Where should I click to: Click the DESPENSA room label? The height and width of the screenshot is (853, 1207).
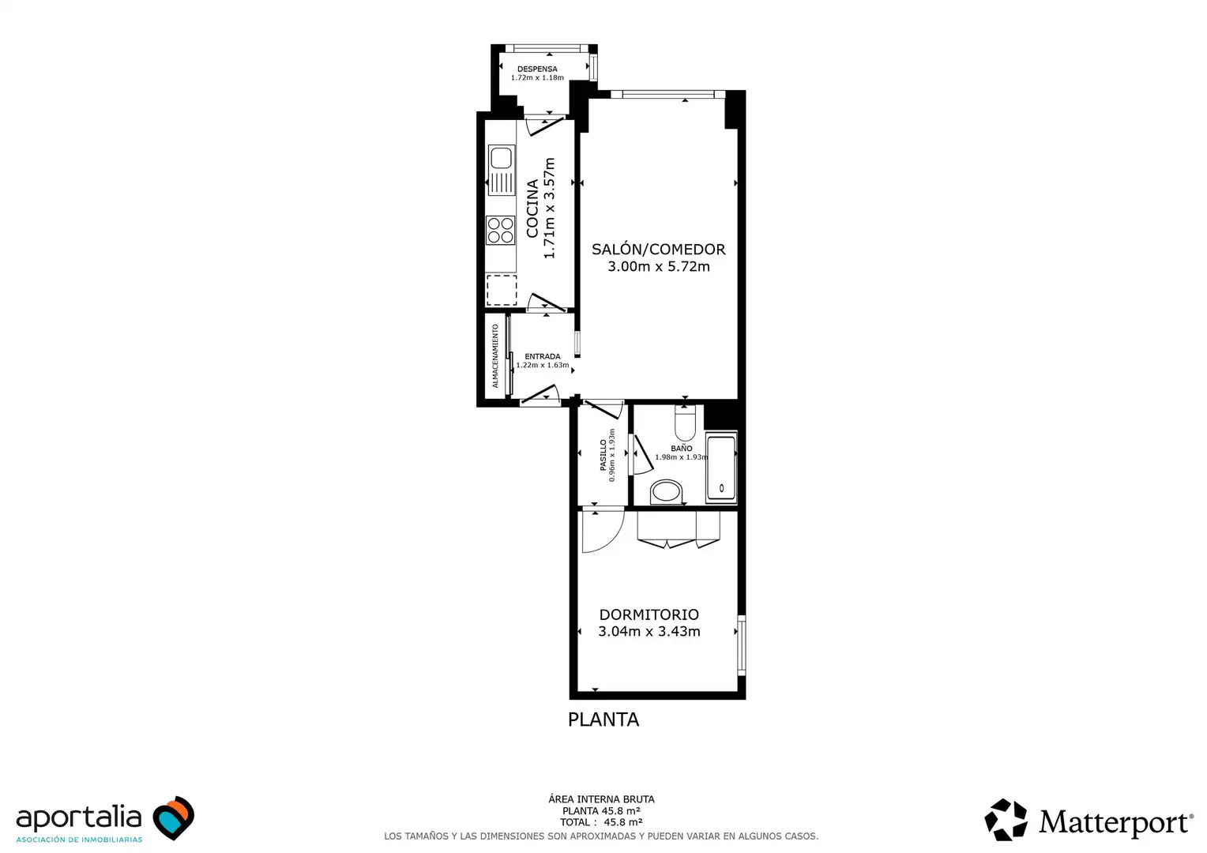[x=537, y=69]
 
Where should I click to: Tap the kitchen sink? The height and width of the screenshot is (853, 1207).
[x=502, y=170]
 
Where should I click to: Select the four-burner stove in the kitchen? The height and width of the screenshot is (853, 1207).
[x=501, y=230]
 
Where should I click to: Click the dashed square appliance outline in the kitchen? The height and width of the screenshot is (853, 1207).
[x=502, y=290]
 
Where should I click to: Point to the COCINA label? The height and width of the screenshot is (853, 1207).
[x=532, y=208]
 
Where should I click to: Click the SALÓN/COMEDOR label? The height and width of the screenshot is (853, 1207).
[x=659, y=250]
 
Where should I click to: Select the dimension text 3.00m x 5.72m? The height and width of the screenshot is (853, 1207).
[x=659, y=267]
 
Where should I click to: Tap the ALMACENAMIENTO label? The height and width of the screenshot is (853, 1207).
[x=495, y=356]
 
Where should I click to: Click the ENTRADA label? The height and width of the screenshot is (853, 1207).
[x=543, y=356]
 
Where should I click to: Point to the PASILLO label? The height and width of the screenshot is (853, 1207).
[x=603, y=456]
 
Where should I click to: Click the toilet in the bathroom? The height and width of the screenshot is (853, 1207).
[x=686, y=423]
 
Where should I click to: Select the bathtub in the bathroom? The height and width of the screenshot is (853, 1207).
[x=721, y=468]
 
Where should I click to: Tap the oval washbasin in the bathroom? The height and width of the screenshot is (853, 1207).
[x=666, y=492]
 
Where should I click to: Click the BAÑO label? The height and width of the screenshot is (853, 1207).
[x=682, y=449]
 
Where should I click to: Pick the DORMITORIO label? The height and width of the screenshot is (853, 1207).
[x=649, y=614]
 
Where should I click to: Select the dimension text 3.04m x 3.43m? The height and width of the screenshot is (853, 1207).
[x=649, y=632]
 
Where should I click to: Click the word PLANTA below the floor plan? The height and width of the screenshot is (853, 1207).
[x=603, y=720]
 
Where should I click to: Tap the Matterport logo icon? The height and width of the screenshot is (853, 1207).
[x=1006, y=820]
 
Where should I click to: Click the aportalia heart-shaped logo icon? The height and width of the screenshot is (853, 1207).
[x=174, y=817]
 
